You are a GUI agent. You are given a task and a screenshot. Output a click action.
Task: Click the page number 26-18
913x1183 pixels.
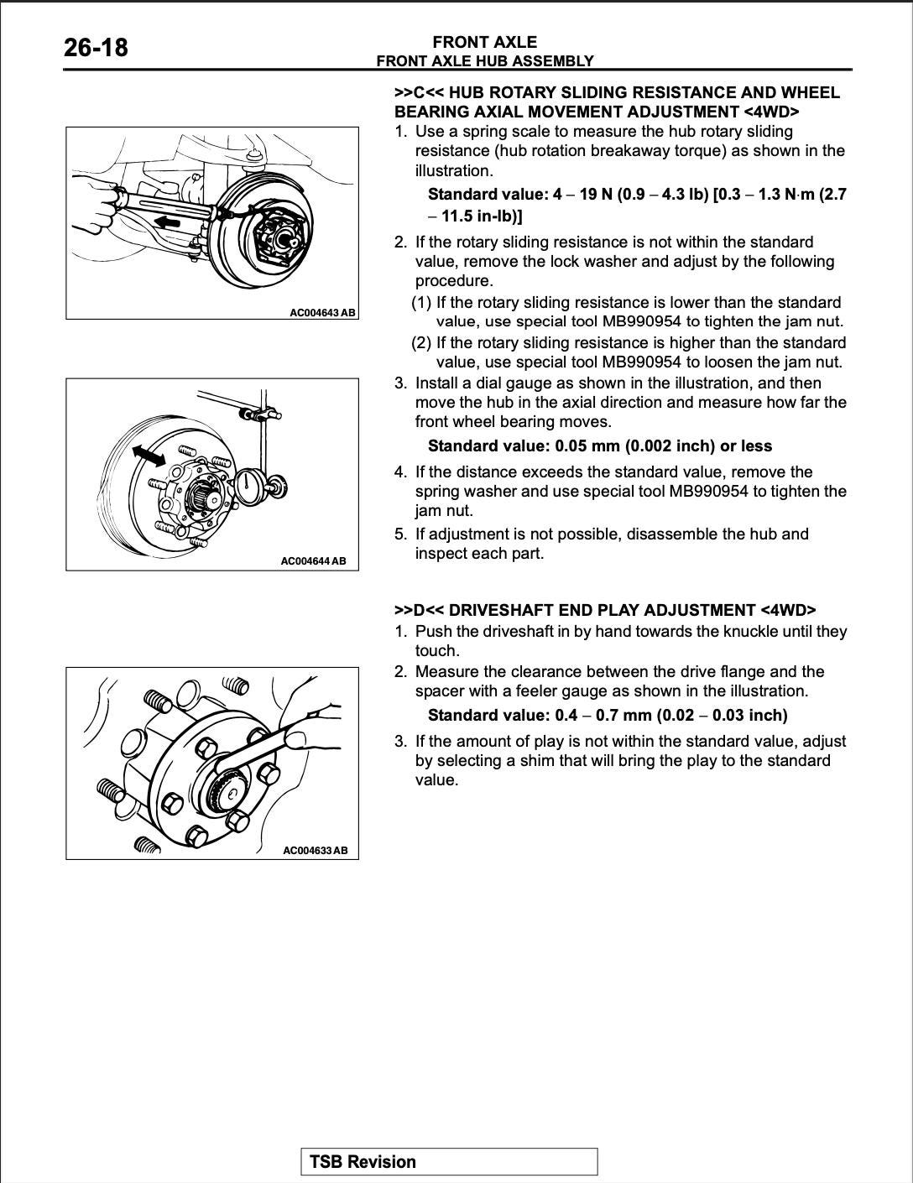pos(96,47)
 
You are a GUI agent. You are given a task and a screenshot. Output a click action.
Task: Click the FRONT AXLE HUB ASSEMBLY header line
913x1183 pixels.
pos(484,60)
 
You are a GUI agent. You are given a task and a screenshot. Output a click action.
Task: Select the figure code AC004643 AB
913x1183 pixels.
pos(322,312)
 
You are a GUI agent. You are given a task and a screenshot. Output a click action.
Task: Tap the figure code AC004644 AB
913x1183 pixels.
pos(313,560)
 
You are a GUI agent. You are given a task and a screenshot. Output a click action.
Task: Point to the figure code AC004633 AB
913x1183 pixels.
pos(315,850)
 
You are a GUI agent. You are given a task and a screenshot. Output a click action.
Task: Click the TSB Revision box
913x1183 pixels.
pos(449,1162)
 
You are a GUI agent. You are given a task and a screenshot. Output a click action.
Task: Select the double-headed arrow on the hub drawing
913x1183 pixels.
pos(149,454)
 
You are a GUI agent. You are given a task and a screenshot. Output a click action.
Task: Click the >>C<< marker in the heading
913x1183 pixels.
pos(415,92)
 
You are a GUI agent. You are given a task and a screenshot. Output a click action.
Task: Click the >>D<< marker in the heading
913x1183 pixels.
pos(415,610)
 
